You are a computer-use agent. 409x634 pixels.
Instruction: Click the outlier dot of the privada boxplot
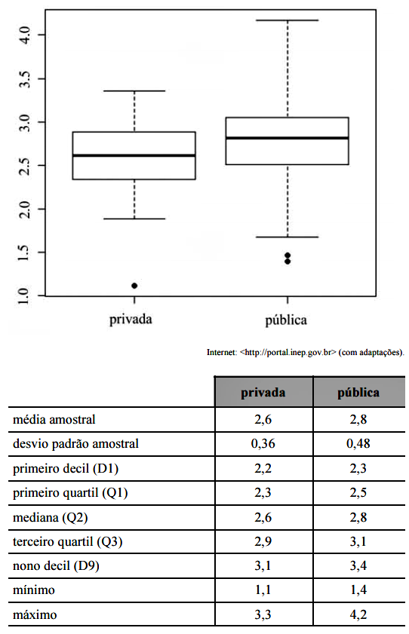[134, 286]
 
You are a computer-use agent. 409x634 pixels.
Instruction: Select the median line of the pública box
[287, 138]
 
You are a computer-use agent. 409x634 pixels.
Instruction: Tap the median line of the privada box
[134, 155]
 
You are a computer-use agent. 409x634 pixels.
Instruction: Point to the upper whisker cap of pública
[288, 20]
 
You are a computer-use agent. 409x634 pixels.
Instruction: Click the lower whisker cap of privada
[134, 219]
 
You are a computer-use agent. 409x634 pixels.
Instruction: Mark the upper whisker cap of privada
[134, 91]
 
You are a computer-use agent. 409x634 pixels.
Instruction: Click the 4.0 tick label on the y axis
[24, 35]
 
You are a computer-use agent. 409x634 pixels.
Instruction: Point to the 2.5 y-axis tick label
[24, 166]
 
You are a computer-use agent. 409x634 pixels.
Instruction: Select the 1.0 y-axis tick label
[24, 296]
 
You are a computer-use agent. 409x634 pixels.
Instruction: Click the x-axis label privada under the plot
[131, 320]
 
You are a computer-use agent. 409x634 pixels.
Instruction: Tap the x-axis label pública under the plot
[286, 320]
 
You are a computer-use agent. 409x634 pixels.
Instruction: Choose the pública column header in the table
[358, 392]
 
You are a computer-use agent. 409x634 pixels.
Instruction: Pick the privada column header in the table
[263, 393]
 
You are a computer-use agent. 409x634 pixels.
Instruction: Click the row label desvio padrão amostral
[75, 444]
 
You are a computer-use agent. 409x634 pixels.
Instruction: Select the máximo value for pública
[358, 614]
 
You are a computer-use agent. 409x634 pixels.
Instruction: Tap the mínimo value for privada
[263, 590]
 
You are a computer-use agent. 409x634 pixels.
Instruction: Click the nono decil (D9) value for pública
[358, 565]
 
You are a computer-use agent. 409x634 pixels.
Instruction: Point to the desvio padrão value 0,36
[263, 443]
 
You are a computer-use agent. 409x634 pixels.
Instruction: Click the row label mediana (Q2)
[50, 518]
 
